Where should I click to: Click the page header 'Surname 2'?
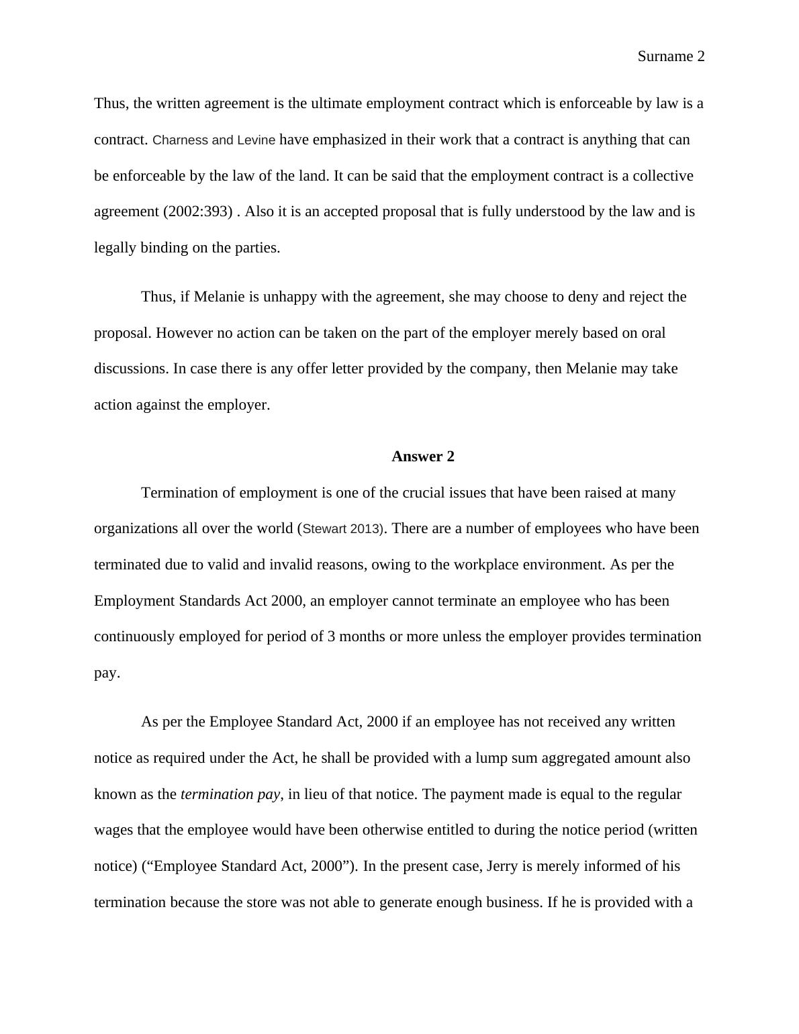coord(671,56)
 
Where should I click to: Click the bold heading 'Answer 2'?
coord(423,457)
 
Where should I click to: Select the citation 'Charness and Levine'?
coord(214,140)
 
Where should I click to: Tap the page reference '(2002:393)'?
coord(198,211)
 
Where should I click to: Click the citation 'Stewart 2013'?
coord(342,529)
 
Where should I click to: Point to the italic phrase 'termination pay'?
coord(230,794)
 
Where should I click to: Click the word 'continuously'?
coord(134,637)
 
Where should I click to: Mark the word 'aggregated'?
coord(573,758)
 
